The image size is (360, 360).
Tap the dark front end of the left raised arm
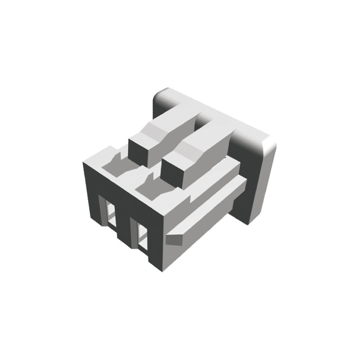(140, 152)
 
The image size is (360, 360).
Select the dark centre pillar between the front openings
(124, 225)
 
